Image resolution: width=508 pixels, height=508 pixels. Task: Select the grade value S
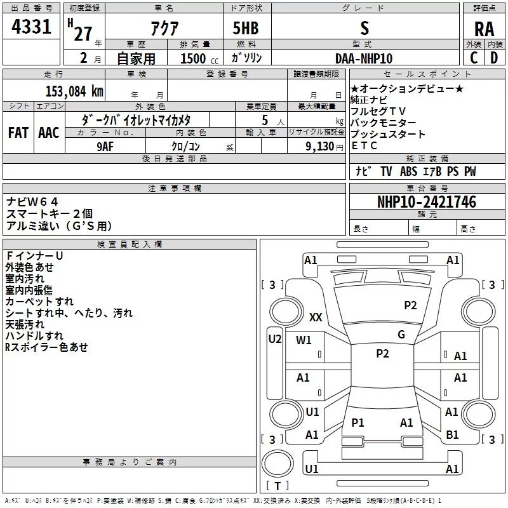coord(364,28)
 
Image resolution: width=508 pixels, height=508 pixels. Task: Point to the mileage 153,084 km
coord(74,91)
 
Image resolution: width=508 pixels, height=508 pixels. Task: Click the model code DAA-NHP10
coord(364,58)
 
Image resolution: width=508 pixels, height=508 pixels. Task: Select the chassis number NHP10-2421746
coord(426,202)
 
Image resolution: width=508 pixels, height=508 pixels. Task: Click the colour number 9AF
coord(105,146)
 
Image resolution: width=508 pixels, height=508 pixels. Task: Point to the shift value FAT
coord(18,132)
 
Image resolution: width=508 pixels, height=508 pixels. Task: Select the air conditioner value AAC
coord(48,132)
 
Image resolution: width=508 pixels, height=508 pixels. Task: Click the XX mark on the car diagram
coord(316,317)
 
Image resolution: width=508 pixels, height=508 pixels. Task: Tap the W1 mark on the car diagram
coord(304,340)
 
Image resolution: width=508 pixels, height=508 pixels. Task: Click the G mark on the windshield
coord(401,334)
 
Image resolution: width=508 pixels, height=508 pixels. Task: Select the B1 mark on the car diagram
coord(452,435)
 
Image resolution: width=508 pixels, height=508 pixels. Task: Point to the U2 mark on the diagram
coord(274,339)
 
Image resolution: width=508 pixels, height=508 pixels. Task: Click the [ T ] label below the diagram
coord(277,486)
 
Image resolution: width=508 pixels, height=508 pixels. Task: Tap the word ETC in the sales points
coord(364,145)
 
